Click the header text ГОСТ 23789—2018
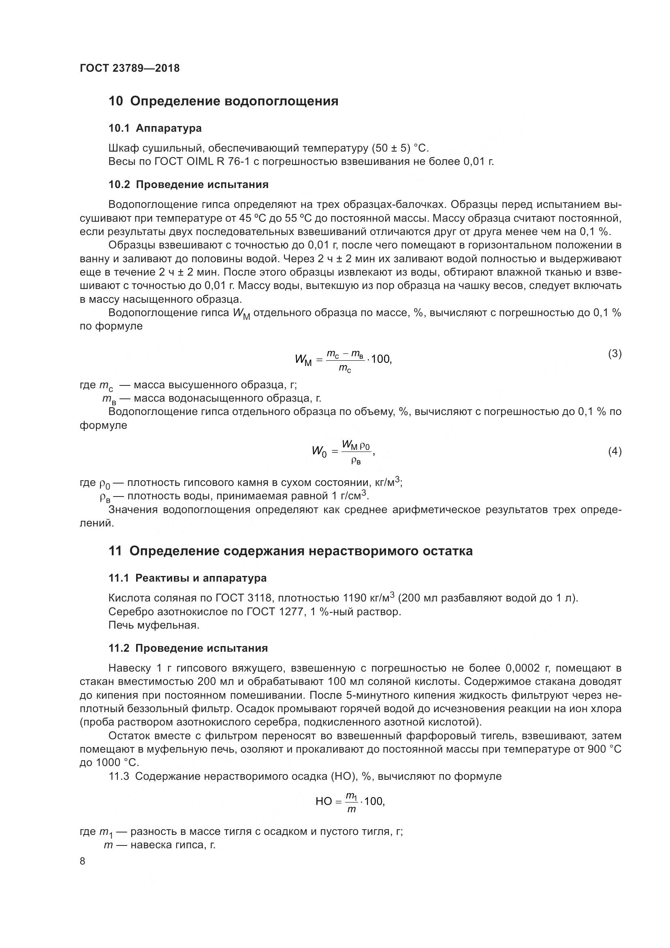130,68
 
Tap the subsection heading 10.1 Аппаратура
155,128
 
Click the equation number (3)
615,353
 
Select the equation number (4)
615,451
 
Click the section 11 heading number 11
115,551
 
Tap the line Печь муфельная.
154,625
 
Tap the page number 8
83,861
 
